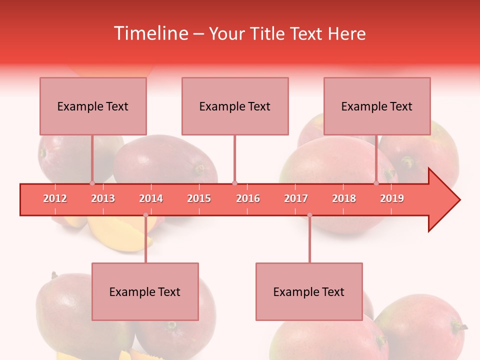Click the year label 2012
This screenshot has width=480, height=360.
(x=55, y=198)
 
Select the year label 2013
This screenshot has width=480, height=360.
(x=103, y=198)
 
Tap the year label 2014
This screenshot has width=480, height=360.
(x=151, y=198)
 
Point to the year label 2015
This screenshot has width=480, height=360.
(x=199, y=198)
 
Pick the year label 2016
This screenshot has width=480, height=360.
(x=248, y=198)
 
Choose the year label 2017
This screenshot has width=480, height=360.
(x=296, y=198)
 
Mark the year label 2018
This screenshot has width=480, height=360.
(x=344, y=198)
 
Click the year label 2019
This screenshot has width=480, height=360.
(x=392, y=198)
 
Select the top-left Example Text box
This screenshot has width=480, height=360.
(x=93, y=106)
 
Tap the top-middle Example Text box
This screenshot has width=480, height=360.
(x=235, y=106)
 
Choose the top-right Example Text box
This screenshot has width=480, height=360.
(x=377, y=106)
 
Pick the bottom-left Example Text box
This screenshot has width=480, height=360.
(x=145, y=291)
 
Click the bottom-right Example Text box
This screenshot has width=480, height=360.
(x=309, y=291)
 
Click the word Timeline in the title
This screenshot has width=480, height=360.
(x=150, y=33)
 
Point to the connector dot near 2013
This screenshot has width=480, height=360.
(x=92, y=183)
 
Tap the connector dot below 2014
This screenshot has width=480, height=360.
(x=145, y=215)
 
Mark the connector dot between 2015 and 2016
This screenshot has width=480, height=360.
(x=234, y=183)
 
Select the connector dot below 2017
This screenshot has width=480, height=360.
(x=309, y=215)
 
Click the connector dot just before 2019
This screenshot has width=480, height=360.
(x=376, y=183)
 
